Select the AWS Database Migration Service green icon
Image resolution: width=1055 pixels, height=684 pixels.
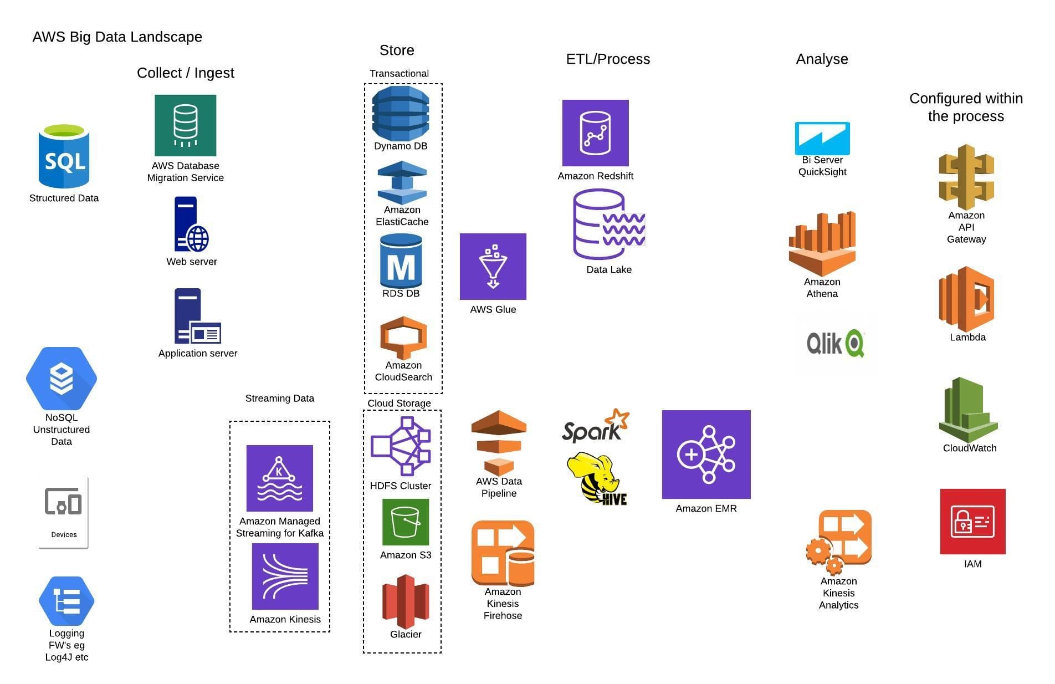tap(185, 125)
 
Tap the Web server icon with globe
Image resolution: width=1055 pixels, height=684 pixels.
tap(191, 224)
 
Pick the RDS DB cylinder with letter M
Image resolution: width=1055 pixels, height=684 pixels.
tap(401, 261)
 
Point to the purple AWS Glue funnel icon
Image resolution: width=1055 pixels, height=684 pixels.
tap(493, 267)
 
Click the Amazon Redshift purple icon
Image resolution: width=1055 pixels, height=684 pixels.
tap(595, 133)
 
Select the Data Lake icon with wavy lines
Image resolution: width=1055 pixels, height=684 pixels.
tap(608, 224)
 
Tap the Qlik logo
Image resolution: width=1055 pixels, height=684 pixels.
tap(835, 344)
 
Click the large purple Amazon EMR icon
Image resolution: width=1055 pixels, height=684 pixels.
tap(706, 455)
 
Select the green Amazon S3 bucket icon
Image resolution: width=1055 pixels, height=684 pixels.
tap(405, 522)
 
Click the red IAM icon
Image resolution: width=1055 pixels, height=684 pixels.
tap(972, 522)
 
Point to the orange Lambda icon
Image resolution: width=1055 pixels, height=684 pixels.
tap(966, 299)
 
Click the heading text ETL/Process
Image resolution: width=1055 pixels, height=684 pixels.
tap(608, 59)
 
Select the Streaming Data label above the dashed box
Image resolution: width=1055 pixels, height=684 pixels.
tap(279, 399)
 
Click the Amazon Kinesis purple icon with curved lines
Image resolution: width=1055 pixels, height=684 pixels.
tap(285, 576)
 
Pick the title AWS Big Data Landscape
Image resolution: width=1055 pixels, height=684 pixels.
tap(117, 37)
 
